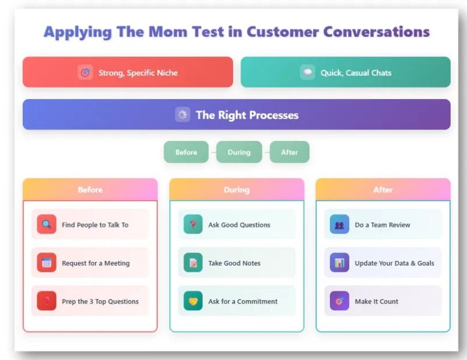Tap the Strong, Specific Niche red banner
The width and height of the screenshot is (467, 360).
[128, 73]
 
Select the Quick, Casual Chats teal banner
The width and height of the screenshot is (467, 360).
[346, 73]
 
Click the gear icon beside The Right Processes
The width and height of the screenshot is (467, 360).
[182, 115]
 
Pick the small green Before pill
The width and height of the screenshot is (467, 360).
[186, 152]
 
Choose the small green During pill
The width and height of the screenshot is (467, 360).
[239, 152]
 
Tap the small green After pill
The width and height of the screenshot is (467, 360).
[289, 152]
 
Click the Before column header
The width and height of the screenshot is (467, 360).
[90, 190]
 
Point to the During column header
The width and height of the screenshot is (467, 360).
[237, 190]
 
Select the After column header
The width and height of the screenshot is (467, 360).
[383, 190]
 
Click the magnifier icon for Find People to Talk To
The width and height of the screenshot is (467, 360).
[46, 224]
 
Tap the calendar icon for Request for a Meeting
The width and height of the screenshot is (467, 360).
[46, 263]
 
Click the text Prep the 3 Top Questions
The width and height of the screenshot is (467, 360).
[100, 301]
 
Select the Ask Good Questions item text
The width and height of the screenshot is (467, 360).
[239, 225]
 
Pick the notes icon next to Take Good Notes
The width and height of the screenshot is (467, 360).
[193, 263]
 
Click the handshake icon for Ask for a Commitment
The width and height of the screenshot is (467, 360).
[193, 301]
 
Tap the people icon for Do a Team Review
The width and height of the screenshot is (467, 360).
[339, 225]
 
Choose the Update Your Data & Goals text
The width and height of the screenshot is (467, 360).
[394, 263]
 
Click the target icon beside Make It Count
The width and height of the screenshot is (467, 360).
[339, 301]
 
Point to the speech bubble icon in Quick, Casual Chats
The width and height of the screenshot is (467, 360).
[307, 73]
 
